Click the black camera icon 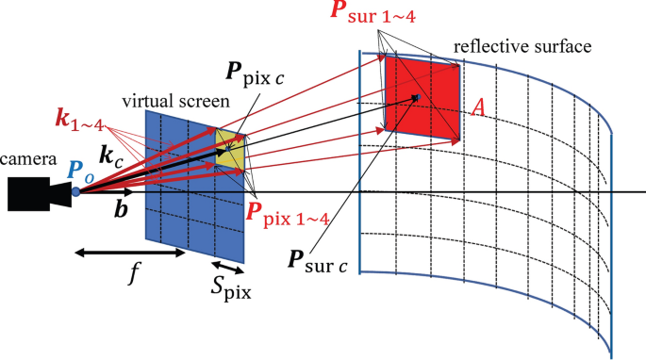pyautogui.click(x=37, y=193)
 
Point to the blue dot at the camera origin pyautogui.click(x=75, y=192)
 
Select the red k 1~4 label pyautogui.click(x=81, y=121)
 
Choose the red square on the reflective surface pyautogui.click(x=422, y=96)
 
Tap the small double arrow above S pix pyautogui.click(x=223, y=268)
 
